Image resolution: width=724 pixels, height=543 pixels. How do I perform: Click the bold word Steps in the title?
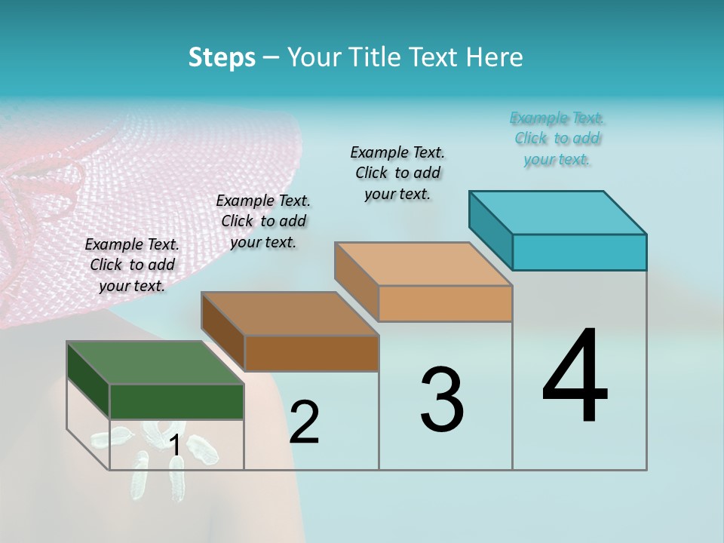tap(222, 57)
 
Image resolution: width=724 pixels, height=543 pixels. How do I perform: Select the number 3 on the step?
tap(442, 400)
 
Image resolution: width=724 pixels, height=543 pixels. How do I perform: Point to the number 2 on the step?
tap(304, 422)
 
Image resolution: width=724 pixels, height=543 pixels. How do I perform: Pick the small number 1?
tap(175, 446)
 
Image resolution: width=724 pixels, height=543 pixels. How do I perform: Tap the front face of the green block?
tap(176, 401)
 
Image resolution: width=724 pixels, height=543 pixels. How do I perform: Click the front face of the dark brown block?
tap(311, 353)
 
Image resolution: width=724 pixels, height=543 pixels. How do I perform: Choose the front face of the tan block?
tap(445, 303)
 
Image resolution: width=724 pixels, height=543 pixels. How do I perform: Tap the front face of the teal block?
tap(579, 252)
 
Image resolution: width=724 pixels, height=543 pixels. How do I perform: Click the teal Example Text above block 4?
tap(557, 138)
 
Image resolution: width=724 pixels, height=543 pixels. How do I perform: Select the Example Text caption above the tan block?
tap(397, 173)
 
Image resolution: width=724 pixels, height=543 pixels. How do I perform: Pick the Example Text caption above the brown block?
tap(263, 221)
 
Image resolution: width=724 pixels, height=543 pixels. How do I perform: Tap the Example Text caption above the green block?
tap(132, 265)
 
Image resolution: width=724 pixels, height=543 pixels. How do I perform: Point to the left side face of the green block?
tap(88, 379)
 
